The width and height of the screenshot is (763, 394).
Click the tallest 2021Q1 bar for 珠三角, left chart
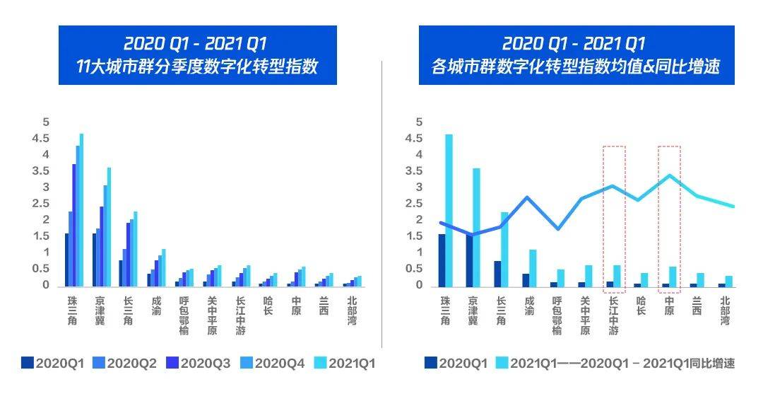81,209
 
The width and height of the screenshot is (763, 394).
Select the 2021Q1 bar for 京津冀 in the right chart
476,226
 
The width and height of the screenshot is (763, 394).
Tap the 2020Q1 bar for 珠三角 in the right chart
442,260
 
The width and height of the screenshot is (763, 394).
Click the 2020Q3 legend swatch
172,364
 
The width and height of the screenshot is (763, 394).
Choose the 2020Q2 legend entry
124,364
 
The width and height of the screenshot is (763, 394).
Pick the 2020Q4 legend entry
273,364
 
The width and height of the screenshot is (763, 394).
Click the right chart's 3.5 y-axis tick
419,171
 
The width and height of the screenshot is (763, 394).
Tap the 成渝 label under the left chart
156,305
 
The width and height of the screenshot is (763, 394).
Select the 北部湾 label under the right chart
725,310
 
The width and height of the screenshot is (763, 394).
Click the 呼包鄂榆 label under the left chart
184,315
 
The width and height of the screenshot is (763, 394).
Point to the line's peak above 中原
669,175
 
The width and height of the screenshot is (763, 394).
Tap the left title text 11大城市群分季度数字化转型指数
197,67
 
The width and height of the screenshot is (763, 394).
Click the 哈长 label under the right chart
641,305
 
